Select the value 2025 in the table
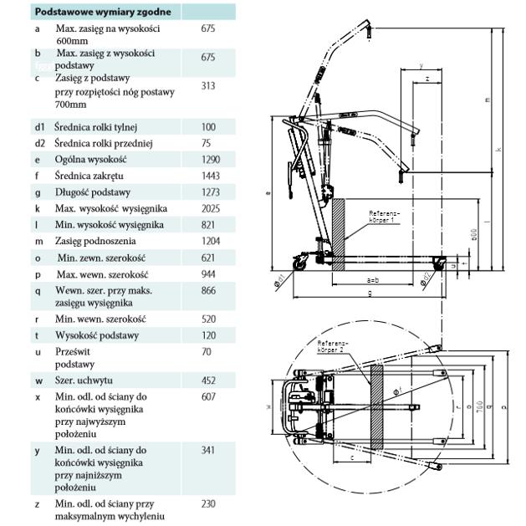(x=211, y=208)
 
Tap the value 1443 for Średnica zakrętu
(x=211, y=176)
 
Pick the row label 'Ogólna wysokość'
(x=91, y=160)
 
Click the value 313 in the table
(x=208, y=85)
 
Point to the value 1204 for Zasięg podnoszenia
(x=211, y=241)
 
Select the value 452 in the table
(x=208, y=381)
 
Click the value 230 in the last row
(x=208, y=504)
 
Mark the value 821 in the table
(x=208, y=225)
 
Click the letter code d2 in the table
(x=39, y=143)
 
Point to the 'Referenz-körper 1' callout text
(x=384, y=217)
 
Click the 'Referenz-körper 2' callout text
(x=334, y=347)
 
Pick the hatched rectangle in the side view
(x=339, y=235)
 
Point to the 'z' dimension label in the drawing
(x=427, y=78)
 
